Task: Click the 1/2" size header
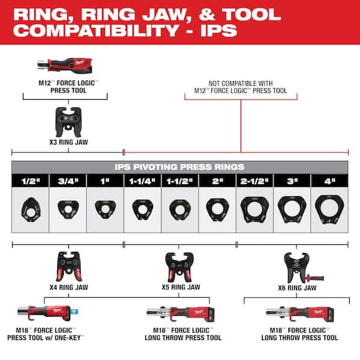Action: (x=30, y=179)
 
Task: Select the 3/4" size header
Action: (x=67, y=179)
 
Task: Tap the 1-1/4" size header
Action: (x=142, y=179)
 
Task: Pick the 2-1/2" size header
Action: (x=254, y=179)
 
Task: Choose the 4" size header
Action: (x=329, y=179)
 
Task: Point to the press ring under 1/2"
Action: (x=30, y=208)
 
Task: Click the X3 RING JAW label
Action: (x=66, y=143)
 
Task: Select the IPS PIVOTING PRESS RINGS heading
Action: (x=180, y=166)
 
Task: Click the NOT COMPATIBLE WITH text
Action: (x=239, y=83)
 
